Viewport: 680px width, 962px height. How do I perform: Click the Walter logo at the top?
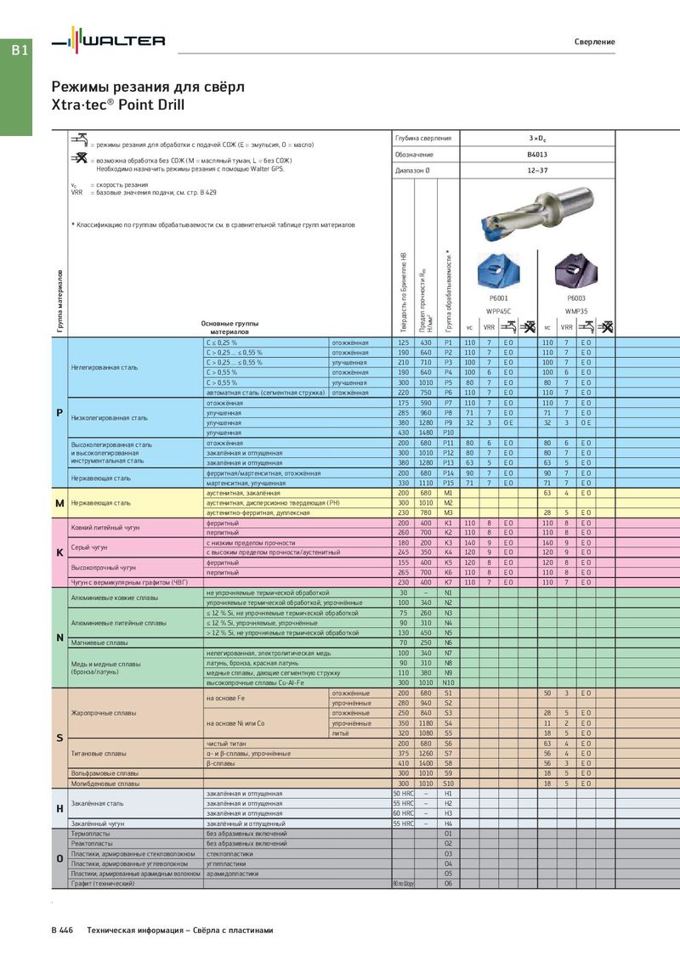click(108, 41)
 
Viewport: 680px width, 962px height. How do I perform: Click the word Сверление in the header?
click(594, 42)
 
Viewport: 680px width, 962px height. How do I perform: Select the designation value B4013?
click(537, 155)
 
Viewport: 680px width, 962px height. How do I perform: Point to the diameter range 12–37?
click(537, 171)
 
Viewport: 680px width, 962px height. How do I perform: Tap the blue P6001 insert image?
click(499, 270)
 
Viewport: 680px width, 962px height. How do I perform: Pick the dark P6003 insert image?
click(576, 270)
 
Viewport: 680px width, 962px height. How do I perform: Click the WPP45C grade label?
click(499, 312)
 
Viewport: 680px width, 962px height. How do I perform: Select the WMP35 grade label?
click(576, 312)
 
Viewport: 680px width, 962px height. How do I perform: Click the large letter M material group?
click(59, 503)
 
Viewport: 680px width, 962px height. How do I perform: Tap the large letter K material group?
click(59, 552)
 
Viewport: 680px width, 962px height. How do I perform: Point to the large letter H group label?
click(59, 808)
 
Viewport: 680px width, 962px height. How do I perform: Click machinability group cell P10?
click(448, 433)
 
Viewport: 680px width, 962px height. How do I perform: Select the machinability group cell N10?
click(448, 682)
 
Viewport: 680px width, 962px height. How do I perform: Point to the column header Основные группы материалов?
click(229, 328)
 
